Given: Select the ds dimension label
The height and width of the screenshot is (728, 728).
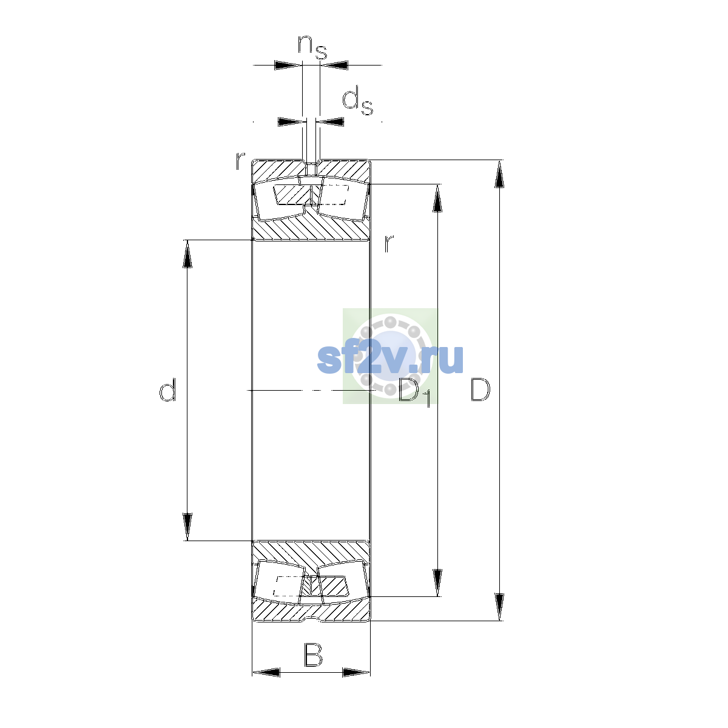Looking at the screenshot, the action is (357, 101).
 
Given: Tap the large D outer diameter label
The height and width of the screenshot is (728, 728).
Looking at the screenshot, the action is (480, 389).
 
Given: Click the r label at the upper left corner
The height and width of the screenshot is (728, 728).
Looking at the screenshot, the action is (240, 161).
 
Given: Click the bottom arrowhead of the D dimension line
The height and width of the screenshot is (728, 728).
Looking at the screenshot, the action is (499, 607).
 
